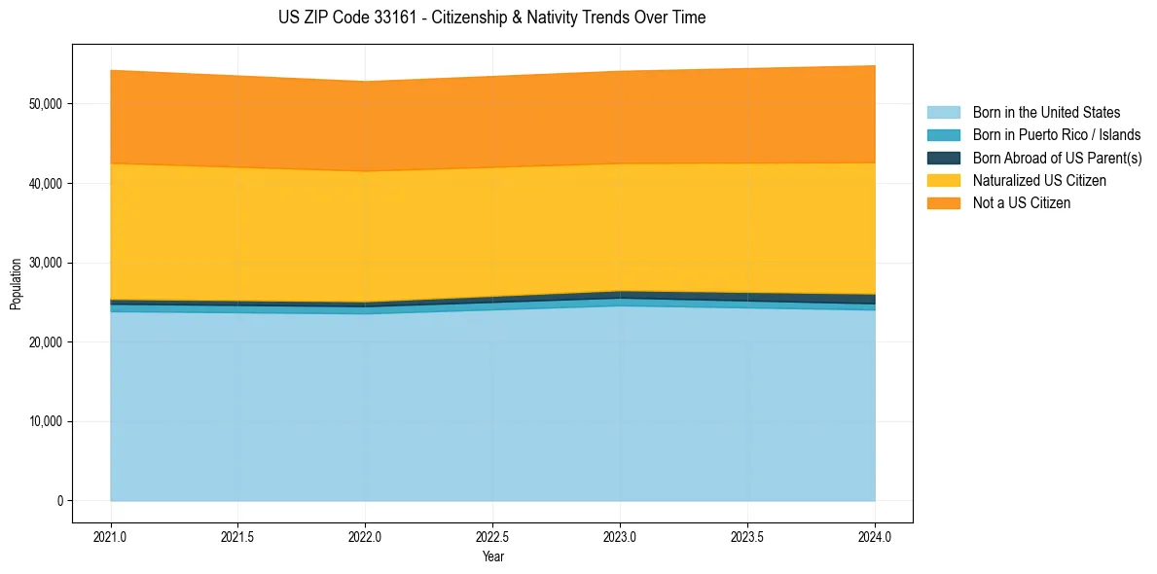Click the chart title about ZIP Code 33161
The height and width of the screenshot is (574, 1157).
click(491, 18)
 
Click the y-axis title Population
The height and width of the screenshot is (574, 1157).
click(16, 284)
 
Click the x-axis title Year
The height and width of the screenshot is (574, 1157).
click(492, 556)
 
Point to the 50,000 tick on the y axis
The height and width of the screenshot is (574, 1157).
click(45, 104)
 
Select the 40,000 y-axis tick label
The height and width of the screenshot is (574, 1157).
click(45, 184)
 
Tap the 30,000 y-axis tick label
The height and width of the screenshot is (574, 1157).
click(45, 263)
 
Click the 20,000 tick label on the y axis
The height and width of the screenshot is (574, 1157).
click(45, 342)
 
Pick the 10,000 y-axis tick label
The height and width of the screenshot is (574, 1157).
click(45, 422)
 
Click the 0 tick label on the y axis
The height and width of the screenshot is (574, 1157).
click(58, 501)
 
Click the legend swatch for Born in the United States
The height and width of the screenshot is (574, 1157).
click(943, 113)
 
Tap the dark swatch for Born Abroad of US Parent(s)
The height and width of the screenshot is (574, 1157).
click(943, 158)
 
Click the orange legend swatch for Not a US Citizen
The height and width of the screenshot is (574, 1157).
click(943, 203)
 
